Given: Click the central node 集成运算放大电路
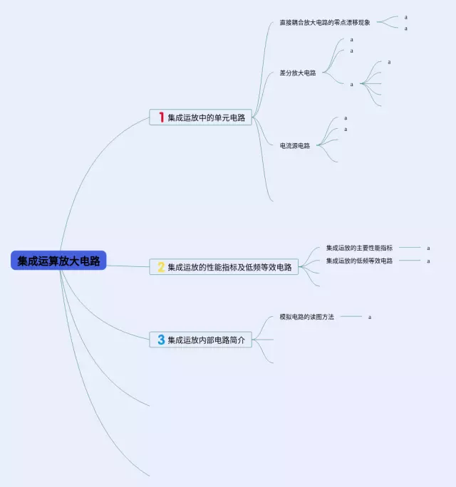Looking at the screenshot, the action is pyautogui.click(x=58, y=261).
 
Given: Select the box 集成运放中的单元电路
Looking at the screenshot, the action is pyautogui.click(x=200, y=117).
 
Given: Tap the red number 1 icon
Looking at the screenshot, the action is pyautogui.click(x=161, y=117).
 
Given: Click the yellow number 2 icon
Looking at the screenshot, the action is pyautogui.click(x=161, y=267).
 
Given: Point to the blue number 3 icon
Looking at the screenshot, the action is pyautogui.click(x=161, y=340).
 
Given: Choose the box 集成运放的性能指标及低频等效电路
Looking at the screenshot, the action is pyautogui.click(x=224, y=267).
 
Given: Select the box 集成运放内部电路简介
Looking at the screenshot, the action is pyautogui.click(x=200, y=340).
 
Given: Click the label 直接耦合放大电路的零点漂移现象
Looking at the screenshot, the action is pyautogui.click(x=324, y=22).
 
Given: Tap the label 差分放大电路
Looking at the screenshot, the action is pyautogui.click(x=298, y=73).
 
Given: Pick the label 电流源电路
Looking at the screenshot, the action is pyautogui.click(x=295, y=146).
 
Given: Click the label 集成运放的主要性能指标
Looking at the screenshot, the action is pyautogui.click(x=359, y=248).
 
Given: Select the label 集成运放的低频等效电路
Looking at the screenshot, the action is pyautogui.click(x=359, y=261).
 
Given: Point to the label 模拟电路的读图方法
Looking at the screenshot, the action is pyautogui.click(x=307, y=317).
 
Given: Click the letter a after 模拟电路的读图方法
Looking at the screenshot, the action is pyautogui.click(x=370, y=317).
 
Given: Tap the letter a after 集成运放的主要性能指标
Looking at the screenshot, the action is pyautogui.click(x=428, y=248).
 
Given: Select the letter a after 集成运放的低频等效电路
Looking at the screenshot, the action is pyautogui.click(x=428, y=261).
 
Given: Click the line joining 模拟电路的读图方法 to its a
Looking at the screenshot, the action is pyautogui.click(x=351, y=317).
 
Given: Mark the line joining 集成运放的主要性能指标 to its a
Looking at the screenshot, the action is pyautogui.click(x=410, y=248).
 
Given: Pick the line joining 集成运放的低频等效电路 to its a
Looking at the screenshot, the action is pyautogui.click(x=410, y=261).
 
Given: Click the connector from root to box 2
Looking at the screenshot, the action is pyautogui.click(x=128, y=266).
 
